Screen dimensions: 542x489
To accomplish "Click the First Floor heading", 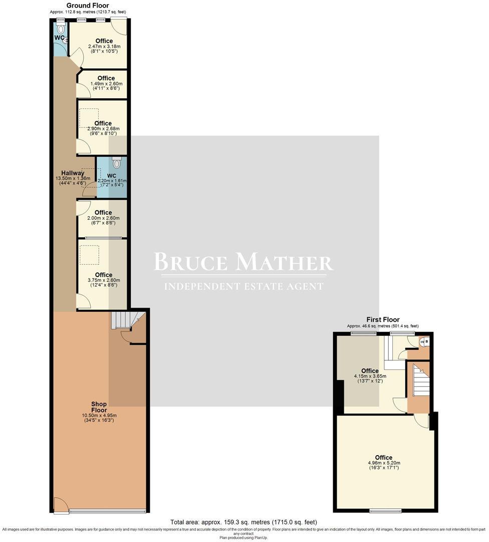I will point(383,320).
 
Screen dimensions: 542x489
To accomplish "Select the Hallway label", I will point(73,173).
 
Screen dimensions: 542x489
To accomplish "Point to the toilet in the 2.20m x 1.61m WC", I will point(117,163).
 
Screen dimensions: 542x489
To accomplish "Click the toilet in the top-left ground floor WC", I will point(61,29).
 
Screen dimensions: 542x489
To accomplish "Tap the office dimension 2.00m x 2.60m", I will point(103,218).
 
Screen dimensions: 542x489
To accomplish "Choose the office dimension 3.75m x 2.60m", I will point(103,281).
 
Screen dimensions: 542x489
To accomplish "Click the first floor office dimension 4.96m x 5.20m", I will point(383,463).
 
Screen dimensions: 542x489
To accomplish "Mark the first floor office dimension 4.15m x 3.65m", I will point(370,376).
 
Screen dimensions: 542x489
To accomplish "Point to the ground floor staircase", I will point(120,320).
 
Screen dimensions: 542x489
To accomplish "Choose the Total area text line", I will point(243,522).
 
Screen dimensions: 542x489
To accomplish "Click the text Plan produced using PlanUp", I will point(243,537).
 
